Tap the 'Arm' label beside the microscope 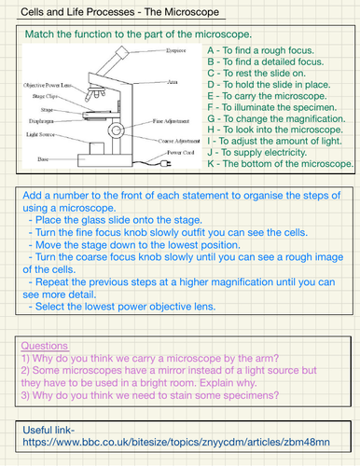[172, 83]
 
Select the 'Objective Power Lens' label [44, 84]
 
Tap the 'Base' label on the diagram [37, 158]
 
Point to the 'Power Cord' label [181, 150]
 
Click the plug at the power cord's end [165, 159]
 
